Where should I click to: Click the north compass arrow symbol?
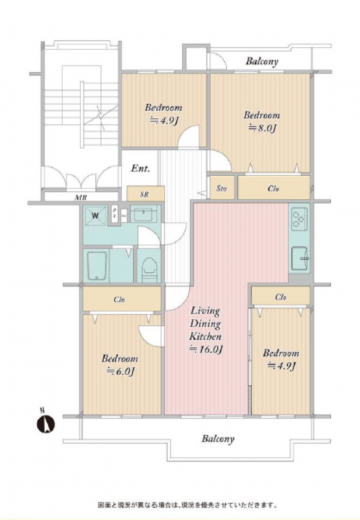click(46, 424)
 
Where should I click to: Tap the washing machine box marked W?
click(96, 216)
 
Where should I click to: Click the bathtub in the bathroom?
click(97, 266)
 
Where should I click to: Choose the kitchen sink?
click(300, 259)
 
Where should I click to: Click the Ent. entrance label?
click(140, 168)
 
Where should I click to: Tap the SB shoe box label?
click(144, 195)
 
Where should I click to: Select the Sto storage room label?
click(222, 189)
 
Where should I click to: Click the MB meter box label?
click(81, 198)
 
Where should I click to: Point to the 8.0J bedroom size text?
click(263, 128)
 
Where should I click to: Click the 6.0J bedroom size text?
click(120, 372)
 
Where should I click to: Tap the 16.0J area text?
click(206, 349)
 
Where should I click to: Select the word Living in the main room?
click(205, 311)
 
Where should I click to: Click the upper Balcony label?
click(262, 61)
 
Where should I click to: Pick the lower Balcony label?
click(218, 439)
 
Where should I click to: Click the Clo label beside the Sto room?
click(273, 189)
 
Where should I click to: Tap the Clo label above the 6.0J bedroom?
click(119, 300)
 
